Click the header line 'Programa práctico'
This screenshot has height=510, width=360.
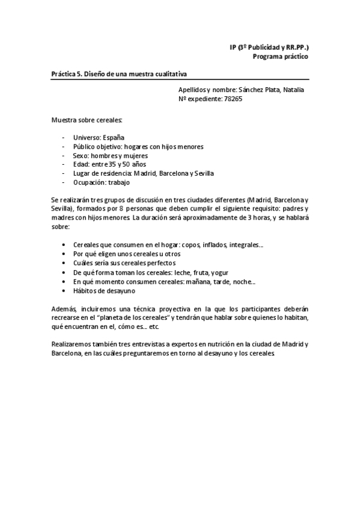point(280,57)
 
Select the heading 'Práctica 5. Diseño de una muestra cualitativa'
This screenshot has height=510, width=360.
point(119,74)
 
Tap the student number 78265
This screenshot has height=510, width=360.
point(233,99)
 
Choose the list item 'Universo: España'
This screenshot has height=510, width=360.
point(99,138)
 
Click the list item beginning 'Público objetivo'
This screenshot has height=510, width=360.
point(138,146)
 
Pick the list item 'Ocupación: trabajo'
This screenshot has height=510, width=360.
point(101,182)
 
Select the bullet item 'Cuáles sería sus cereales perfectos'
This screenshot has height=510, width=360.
point(124,263)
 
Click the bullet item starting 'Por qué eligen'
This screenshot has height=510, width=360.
point(127,254)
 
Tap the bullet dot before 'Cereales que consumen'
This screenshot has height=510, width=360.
point(64,245)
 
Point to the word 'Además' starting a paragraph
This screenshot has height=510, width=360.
point(64,309)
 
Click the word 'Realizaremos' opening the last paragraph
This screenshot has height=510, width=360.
point(71,344)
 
